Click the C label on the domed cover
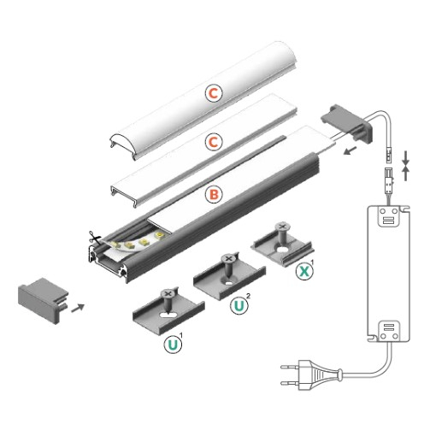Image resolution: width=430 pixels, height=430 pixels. point(214,92)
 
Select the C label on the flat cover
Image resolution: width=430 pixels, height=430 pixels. point(213,141)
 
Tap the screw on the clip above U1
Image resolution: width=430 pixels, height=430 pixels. point(168,299)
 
